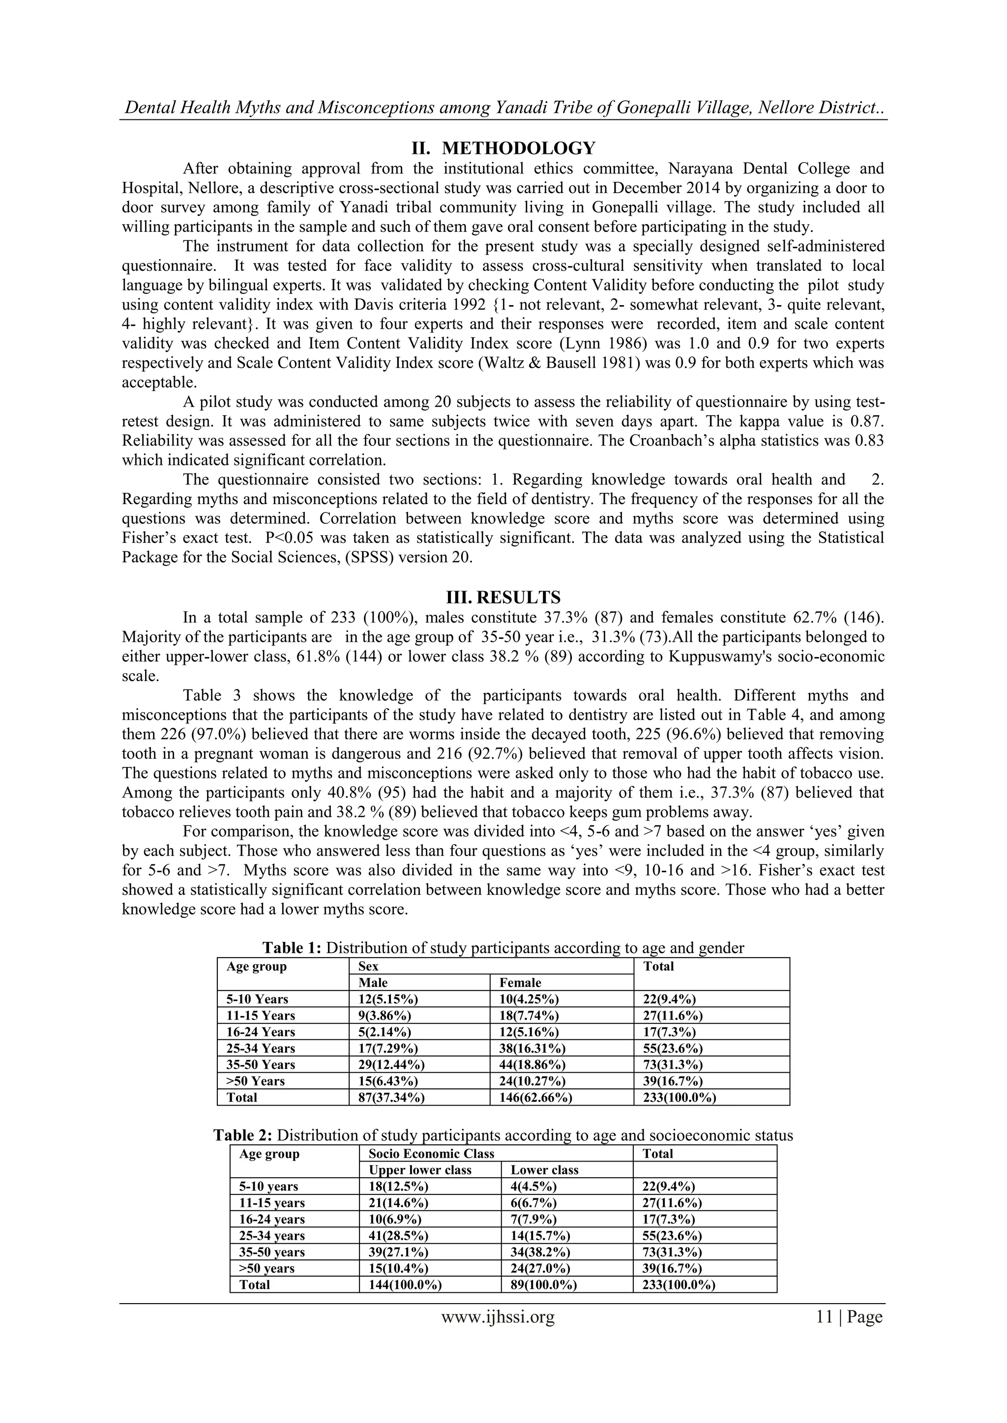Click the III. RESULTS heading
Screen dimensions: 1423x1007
tap(503, 598)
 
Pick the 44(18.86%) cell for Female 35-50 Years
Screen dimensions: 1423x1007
tap(532, 1064)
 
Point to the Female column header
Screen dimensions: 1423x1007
tap(520, 982)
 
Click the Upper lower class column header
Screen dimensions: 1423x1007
tap(420, 1169)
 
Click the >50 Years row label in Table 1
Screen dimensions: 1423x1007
tap(256, 1081)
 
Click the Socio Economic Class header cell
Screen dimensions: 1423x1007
tap(431, 1153)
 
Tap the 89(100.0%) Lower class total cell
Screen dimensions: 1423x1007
tap(544, 1284)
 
